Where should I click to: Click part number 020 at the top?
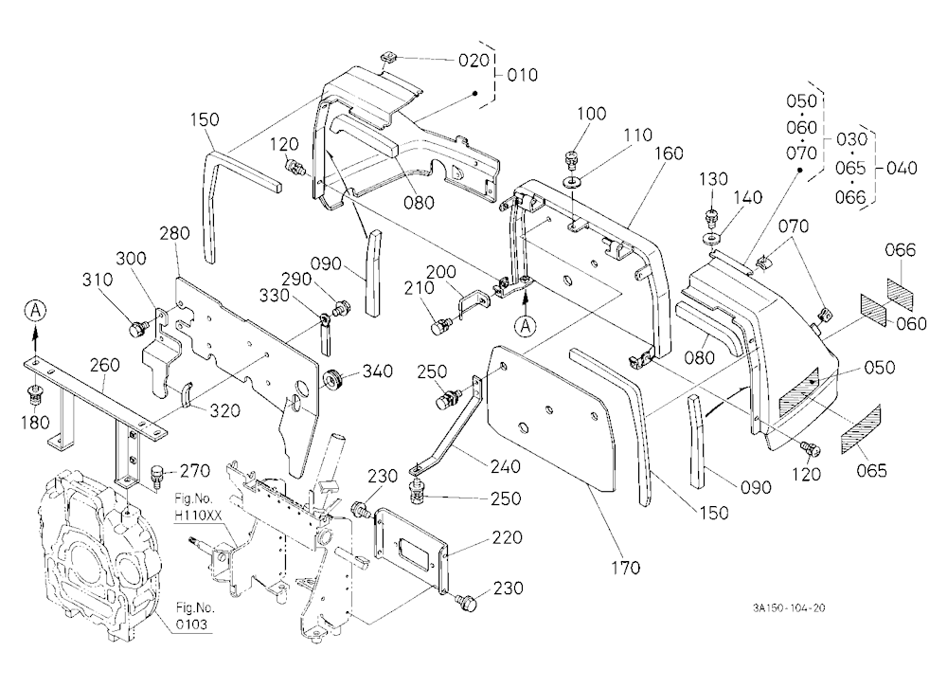coord(473,61)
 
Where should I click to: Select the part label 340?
coord(378,371)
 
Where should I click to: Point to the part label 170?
coord(624,568)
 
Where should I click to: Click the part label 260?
coord(104,365)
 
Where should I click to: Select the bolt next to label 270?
coord(157,475)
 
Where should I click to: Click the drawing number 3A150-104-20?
coord(789,607)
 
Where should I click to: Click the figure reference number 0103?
coord(191,624)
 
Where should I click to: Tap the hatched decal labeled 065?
coord(861,431)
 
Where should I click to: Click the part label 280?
coord(174,233)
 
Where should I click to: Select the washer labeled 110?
coord(572,181)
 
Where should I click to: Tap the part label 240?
coord(505,467)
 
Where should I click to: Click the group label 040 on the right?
coord(902,168)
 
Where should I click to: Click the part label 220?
coord(508,537)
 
